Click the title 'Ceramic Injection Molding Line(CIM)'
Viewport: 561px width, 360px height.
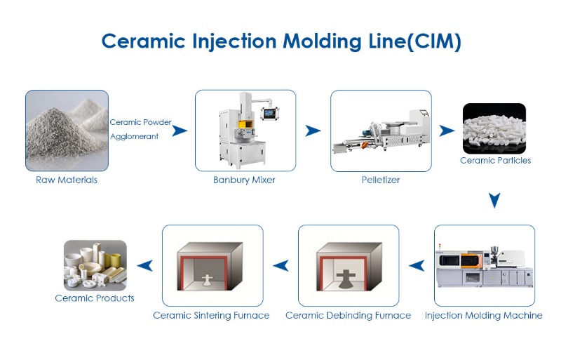point(280,40)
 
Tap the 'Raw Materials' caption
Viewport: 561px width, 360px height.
point(67,180)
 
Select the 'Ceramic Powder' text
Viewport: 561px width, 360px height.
point(140,122)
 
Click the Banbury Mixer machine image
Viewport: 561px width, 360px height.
point(245,131)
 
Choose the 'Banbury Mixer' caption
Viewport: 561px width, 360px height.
point(244,180)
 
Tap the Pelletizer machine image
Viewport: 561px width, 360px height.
point(379,131)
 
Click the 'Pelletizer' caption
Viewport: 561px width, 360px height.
point(379,180)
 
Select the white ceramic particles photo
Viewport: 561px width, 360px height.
point(494,128)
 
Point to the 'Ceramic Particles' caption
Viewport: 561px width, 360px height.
point(495,161)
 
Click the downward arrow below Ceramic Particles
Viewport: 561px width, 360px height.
point(494,201)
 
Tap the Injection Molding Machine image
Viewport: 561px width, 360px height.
point(484,265)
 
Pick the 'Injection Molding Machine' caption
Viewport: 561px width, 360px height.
point(484,316)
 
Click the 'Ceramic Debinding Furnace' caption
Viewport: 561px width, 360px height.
point(349,316)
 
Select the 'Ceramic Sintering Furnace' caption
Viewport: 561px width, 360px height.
point(212,316)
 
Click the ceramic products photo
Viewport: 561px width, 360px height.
point(95,265)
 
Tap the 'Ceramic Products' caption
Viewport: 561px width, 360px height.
point(95,298)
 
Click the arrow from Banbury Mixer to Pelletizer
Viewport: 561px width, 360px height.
point(313,131)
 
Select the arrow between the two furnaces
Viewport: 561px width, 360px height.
point(280,265)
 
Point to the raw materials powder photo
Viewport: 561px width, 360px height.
point(67,131)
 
